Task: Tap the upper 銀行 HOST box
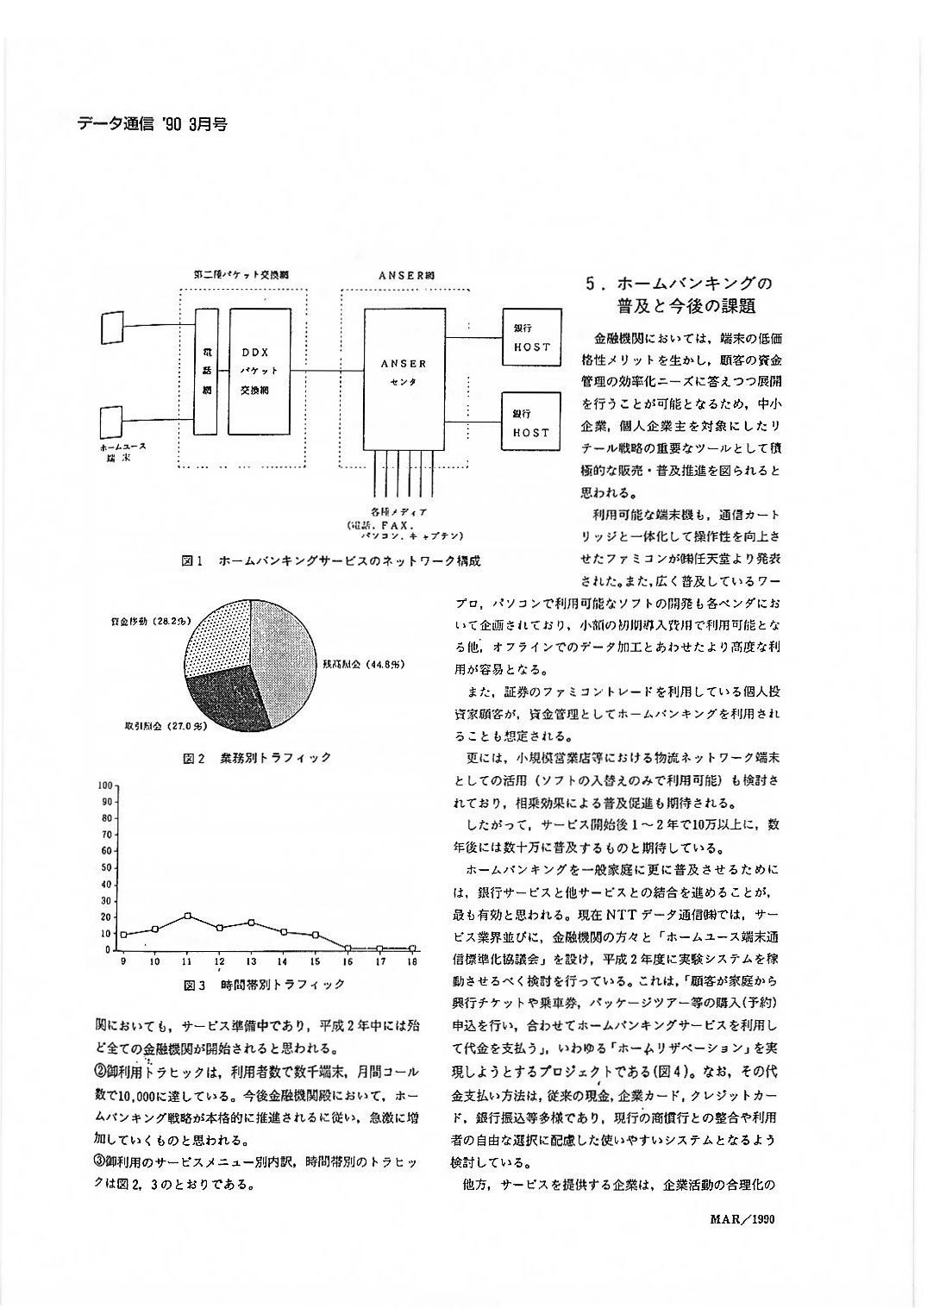(x=530, y=338)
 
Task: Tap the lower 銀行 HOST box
(x=530, y=422)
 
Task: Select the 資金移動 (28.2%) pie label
(x=152, y=621)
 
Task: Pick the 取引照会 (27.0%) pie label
(x=164, y=727)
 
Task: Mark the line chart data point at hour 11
(x=188, y=916)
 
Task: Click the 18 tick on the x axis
(x=412, y=961)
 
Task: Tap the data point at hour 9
(x=124, y=935)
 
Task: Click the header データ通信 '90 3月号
(x=152, y=124)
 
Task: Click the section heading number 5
(x=591, y=284)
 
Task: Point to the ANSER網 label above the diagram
(x=407, y=274)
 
